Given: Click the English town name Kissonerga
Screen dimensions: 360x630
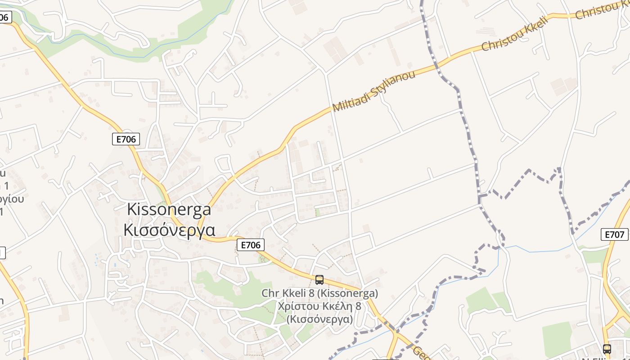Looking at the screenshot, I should pyautogui.click(x=169, y=209).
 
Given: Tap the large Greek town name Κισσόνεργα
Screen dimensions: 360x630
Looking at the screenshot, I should pyautogui.click(x=169, y=230).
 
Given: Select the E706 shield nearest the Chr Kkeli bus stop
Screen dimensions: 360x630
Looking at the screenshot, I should pyautogui.click(x=250, y=245).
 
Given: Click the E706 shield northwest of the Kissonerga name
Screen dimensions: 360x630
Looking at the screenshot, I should pyautogui.click(x=126, y=139).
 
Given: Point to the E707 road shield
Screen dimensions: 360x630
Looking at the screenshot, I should pyautogui.click(x=614, y=234).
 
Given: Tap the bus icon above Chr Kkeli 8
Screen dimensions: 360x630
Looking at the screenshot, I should pyautogui.click(x=319, y=280).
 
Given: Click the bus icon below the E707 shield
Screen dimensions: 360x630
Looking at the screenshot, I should pyautogui.click(x=607, y=349).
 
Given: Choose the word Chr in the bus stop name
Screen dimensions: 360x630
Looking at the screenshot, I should pyautogui.click(x=270, y=293).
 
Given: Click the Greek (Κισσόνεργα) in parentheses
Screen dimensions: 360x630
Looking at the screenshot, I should pyautogui.click(x=319, y=319).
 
